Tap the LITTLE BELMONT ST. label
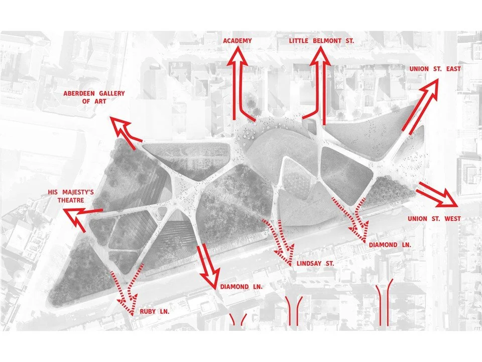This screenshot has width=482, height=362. coord(321,41)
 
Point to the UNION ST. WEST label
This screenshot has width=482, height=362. coord(434,219)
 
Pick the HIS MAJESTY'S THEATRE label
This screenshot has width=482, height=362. coord(67,196)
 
